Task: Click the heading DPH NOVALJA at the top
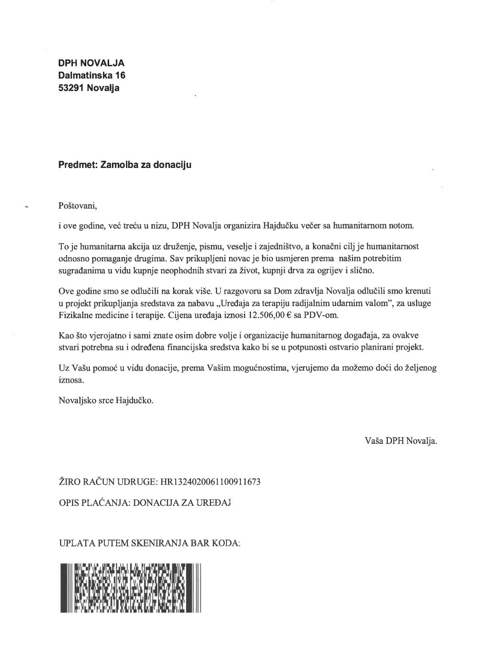[91, 63]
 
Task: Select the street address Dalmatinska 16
[92, 76]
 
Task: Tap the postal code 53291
[71, 88]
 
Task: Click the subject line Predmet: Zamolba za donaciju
[125, 165]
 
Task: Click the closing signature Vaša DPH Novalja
[401, 441]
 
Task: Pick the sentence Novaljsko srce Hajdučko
[106, 400]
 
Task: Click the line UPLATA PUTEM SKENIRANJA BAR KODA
[150, 543]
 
